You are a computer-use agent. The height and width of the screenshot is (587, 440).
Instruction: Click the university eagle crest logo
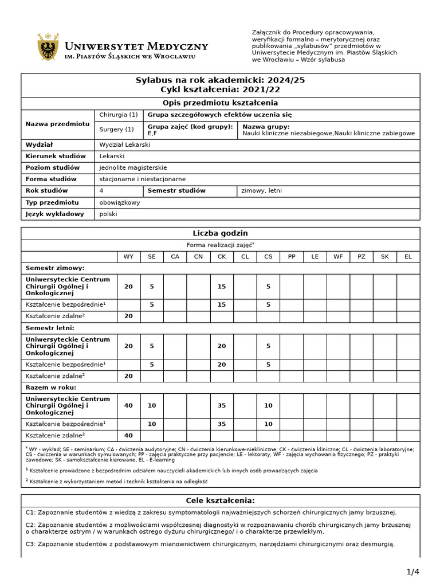click(x=48, y=47)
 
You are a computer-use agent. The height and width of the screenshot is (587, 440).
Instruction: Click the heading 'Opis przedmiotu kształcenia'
click(x=221, y=103)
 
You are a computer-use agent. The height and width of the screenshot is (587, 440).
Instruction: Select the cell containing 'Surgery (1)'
click(x=116, y=130)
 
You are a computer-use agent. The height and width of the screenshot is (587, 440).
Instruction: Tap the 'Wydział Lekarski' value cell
click(x=124, y=145)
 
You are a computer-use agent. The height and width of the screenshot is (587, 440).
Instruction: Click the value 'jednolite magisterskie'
click(x=133, y=168)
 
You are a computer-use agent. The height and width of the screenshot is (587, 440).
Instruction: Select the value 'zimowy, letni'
click(x=261, y=191)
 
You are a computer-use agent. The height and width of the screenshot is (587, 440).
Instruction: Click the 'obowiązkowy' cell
click(x=119, y=202)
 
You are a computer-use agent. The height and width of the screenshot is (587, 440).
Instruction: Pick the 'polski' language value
click(x=108, y=214)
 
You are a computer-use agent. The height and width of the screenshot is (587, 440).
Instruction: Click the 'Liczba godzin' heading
click(x=221, y=233)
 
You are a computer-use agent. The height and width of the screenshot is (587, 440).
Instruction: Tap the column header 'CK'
click(x=222, y=257)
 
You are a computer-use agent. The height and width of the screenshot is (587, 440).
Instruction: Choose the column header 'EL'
click(x=408, y=257)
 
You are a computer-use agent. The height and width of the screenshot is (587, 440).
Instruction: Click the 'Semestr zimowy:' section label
click(x=55, y=268)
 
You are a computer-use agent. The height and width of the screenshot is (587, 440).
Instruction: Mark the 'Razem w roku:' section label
click(x=52, y=387)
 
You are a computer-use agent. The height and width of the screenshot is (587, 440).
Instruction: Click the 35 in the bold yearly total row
click(x=222, y=406)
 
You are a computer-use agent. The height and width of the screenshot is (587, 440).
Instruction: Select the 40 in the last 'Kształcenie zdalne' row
click(x=128, y=436)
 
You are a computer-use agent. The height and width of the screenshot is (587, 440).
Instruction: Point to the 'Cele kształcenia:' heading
click(x=221, y=500)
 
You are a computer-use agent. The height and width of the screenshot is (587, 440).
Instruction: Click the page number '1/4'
click(x=413, y=572)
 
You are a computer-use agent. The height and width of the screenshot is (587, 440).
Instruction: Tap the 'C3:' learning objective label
click(x=32, y=544)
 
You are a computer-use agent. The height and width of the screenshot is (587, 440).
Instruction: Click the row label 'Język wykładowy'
click(x=54, y=214)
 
